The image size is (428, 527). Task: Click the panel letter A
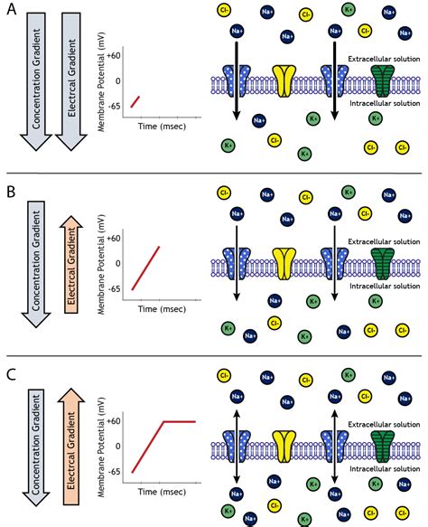pos(12,9)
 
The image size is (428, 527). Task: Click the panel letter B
pos(11,192)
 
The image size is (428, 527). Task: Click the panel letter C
pos(11,374)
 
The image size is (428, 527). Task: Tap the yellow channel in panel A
pos(284,81)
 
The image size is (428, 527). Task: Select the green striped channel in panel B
pos(383,264)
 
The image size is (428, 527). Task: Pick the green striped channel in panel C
pos(383,447)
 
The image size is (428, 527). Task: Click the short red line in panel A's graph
pos(135,102)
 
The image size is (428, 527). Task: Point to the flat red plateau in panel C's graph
pos(180,421)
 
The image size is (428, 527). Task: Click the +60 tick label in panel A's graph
pos(114,55)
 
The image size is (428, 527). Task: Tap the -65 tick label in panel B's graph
pos(114,288)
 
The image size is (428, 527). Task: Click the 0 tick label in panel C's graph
pos(117,446)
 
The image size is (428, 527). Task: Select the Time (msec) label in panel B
pos(162,309)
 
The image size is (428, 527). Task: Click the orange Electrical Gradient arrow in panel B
pos(71,265)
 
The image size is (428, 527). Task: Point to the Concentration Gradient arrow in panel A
pos(36,81)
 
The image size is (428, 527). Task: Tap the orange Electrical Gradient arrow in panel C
pos(71,447)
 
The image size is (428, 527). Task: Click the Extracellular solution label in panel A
pos(384,59)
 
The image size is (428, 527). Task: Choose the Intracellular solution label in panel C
pos(385,468)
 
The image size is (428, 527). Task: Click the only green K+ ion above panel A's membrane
pos(349,9)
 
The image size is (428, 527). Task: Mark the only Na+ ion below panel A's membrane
pos(259,120)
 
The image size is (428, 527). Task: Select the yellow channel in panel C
pos(284,447)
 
